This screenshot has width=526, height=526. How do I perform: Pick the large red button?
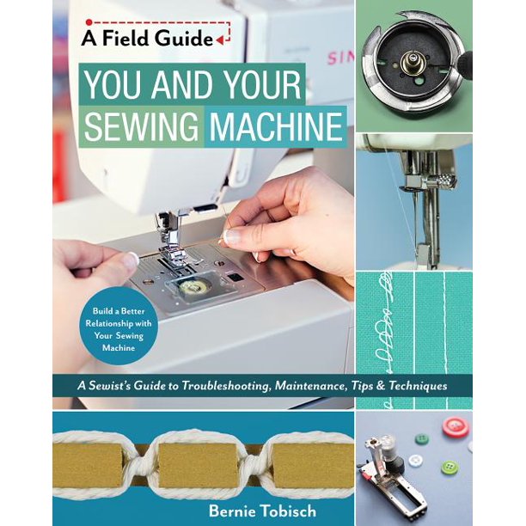coord(454,427)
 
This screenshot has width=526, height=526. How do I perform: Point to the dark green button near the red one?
coord(422,438)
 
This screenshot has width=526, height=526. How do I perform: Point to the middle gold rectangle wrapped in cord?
coord(203,458)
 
